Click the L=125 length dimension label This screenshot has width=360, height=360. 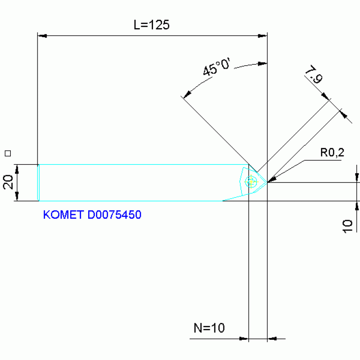pyautogui.click(x=151, y=25)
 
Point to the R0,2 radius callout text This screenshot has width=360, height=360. pyautogui.click(x=332, y=152)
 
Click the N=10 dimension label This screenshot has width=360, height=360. pyautogui.click(x=209, y=328)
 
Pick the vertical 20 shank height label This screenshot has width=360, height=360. pyautogui.click(x=8, y=182)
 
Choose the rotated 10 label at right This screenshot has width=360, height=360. pyautogui.click(x=347, y=226)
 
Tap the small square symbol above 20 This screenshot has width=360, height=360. pyautogui.click(x=7, y=153)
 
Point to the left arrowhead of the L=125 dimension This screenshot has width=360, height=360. pyautogui.click(x=42, y=35)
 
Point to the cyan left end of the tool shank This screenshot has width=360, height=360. pyautogui.click(x=38, y=183)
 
